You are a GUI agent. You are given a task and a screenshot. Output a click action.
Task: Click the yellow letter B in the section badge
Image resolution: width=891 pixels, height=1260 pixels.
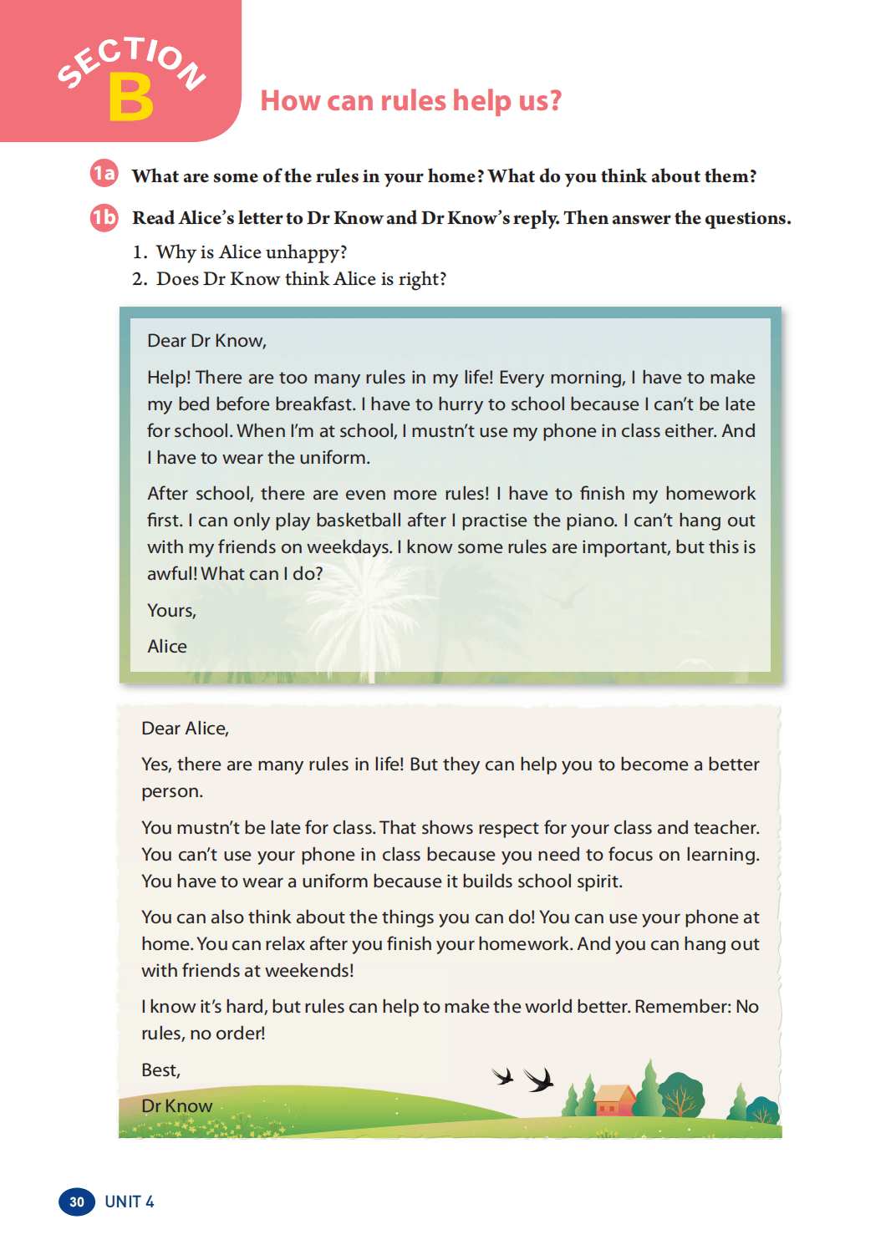(x=131, y=97)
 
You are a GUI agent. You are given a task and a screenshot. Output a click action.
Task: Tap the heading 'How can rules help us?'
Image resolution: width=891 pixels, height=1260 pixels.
(x=410, y=101)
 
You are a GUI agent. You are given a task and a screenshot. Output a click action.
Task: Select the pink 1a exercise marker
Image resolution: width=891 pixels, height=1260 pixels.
(x=104, y=173)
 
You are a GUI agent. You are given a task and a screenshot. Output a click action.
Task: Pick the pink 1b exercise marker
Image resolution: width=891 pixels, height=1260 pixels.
(x=104, y=217)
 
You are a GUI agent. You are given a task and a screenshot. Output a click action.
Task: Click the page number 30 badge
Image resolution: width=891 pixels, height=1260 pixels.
(x=77, y=1202)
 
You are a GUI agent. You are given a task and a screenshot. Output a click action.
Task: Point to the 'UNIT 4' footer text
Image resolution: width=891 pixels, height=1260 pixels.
(x=130, y=1202)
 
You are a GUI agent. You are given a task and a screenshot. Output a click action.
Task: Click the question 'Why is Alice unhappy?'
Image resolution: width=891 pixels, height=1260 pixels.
(x=251, y=252)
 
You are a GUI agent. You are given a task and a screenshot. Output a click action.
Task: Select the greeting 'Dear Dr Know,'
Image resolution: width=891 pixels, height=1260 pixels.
(x=206, y=341)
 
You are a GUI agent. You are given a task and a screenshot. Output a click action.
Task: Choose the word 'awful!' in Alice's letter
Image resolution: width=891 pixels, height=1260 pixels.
(x=172, y=574)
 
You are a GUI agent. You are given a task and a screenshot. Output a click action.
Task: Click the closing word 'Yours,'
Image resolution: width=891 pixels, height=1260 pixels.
(x=171, y=611)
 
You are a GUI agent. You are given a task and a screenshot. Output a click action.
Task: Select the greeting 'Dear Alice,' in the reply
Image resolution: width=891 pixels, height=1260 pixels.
(x=185, y=729)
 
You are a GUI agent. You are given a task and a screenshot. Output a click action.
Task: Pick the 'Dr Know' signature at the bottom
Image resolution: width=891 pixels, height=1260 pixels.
(x=176, y=1106)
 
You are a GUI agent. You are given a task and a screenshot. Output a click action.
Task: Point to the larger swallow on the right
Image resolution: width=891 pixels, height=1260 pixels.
(x=539, y=1080)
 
